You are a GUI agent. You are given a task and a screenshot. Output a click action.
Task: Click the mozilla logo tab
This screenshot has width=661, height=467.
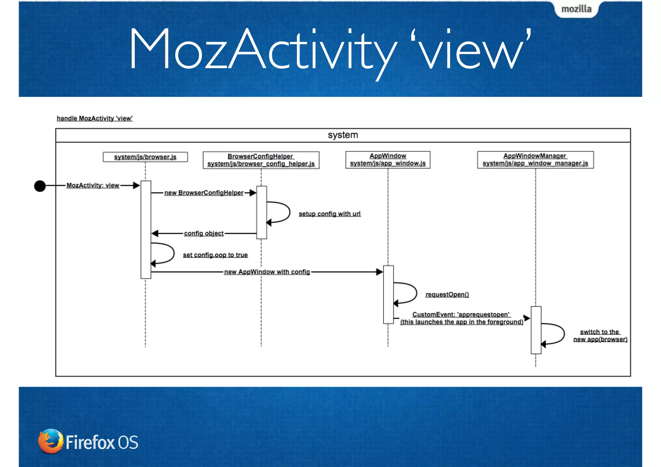pos(576,9)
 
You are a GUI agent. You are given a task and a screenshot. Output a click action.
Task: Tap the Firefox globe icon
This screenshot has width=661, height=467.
pos(50,441)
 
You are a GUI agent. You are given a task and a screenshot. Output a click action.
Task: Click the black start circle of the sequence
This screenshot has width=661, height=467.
pos(40,186)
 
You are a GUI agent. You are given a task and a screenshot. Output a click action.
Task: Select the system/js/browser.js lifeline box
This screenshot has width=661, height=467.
pos(145,157)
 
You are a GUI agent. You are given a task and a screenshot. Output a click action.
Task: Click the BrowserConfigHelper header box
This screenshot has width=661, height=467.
pos(261,160)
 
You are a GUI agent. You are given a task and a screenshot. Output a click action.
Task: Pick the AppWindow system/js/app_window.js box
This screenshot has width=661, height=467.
pos(388,160)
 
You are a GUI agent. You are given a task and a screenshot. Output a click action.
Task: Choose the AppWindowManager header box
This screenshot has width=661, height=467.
pos(535,160)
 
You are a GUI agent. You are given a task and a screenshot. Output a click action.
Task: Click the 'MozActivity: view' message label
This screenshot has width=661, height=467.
pos(93,186)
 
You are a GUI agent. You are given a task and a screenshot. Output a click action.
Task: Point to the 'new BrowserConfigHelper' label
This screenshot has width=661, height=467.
pos(204,193)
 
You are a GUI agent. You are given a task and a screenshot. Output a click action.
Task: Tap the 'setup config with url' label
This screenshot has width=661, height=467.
pos(330,214)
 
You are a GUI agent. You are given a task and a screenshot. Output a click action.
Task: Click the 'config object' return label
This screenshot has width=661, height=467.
pos(204,233)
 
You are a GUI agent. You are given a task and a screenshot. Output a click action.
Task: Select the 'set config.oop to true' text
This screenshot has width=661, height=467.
pos(215,255)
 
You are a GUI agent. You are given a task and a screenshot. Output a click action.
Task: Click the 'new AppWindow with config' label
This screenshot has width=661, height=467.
pos(267,272)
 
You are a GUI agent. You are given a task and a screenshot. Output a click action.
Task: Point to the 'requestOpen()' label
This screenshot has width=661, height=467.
pos(447,295)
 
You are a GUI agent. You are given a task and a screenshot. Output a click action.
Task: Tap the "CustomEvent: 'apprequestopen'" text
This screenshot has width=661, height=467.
pos(461,315)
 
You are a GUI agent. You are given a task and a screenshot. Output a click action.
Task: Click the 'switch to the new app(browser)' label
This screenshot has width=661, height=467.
pos(600,336)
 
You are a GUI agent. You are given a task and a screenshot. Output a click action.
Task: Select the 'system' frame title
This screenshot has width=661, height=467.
pos(343,135)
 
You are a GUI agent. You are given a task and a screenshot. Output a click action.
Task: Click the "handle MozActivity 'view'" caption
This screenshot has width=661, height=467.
pos(95,118)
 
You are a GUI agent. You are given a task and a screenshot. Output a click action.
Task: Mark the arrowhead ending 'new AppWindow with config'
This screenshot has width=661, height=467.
pos(380,272)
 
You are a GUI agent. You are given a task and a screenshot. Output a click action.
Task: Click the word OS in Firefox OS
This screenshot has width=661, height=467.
pos(128,442)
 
